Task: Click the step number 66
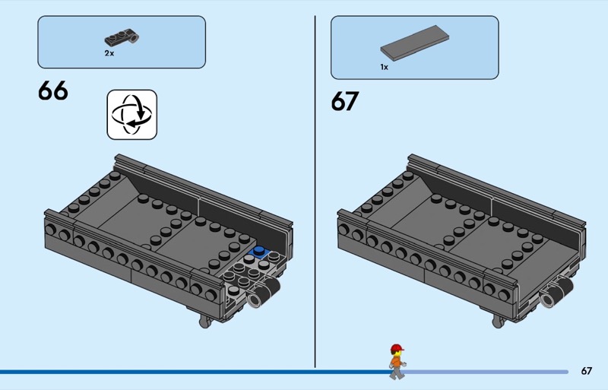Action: (x=53, y=90)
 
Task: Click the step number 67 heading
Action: (x=345, y=101)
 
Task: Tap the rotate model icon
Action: (x=131, y=115)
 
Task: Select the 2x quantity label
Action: (x=109, y=53)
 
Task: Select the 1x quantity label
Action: (x=385, y=67)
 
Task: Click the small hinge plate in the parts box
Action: (x=122, y=36)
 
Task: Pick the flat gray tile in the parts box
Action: (x=414, y=43)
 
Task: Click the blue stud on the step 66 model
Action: (x=259, y=251)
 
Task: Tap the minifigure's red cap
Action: (x=397, y=347)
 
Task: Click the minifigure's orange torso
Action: (x=396, y=362)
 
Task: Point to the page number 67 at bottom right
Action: (x=586, y=371)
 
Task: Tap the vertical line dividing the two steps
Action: (x=315, y=192)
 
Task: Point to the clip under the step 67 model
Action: (x=498, y=322)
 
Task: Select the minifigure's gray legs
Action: (x=397, y=373)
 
